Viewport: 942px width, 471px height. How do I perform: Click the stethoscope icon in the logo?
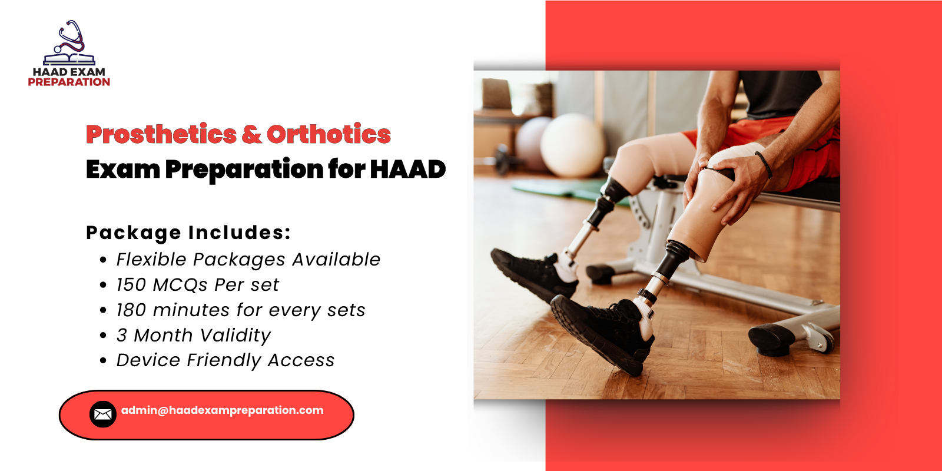[71, 37]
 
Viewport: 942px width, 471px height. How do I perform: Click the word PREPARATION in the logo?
[69, 82]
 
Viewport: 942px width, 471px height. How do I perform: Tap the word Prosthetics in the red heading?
[161, 134]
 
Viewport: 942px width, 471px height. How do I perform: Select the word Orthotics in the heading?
[329, 134]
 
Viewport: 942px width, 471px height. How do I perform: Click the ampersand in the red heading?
[251, 134]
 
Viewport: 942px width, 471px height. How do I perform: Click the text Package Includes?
[188, 233]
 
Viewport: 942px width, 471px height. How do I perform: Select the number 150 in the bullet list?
[131, 285]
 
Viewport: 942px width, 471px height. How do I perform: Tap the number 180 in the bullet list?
[131, 310]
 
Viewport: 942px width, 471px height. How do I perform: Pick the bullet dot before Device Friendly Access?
[104, 361]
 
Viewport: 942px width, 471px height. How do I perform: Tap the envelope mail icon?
[102, 414]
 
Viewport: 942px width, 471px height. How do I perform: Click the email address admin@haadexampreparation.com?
[222, 410]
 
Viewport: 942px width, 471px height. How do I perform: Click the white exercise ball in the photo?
[572, 144]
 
